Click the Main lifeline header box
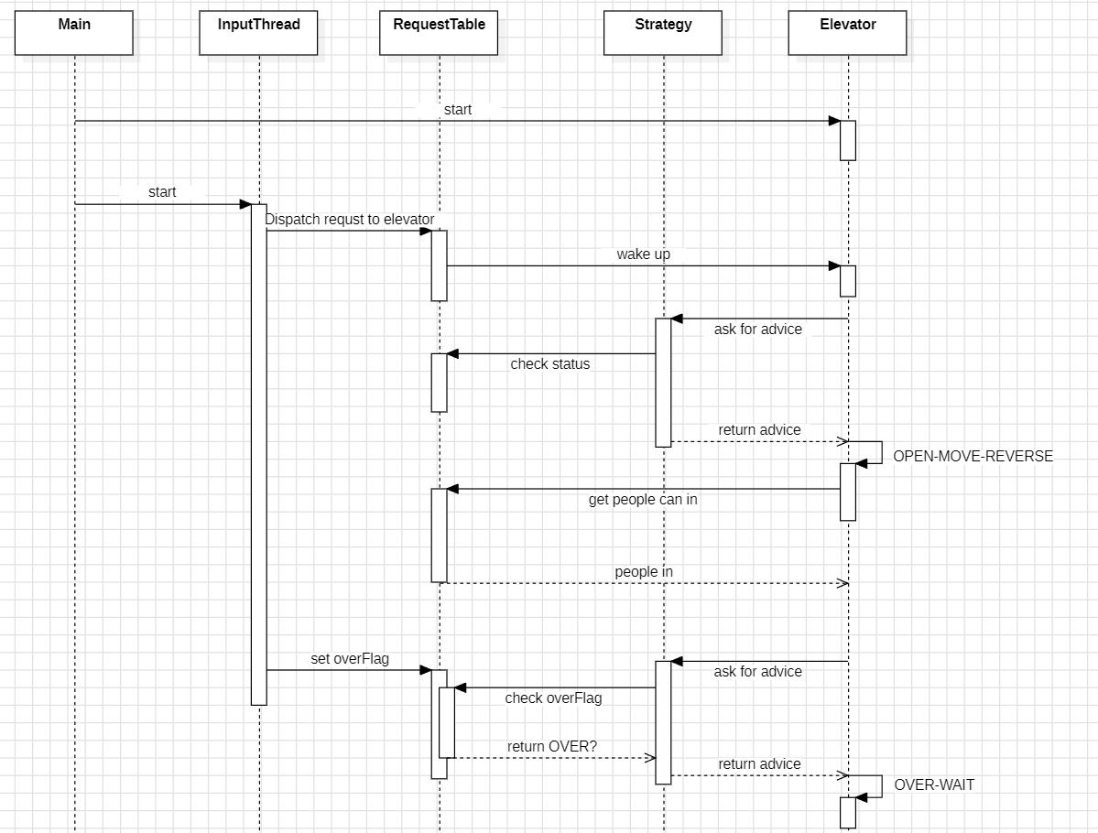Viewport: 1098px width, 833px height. [x=74, y=33]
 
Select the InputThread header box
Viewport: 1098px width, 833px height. [x=258, y=33]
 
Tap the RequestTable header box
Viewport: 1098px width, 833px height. [x=439, y=33]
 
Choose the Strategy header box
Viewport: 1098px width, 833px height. [x=663, y=33]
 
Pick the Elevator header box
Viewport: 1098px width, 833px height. [x=847, y=33]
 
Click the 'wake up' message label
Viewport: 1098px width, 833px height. [x=643, y=254]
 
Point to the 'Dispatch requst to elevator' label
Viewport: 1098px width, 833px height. [x=350, y=220]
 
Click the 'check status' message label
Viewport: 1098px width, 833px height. [x=550, y=364]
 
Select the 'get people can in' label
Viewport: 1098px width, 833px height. [x=643, y=500]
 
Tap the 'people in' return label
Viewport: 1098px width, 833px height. [x=644, y=572]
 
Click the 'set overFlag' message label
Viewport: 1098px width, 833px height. [x=350, y=658]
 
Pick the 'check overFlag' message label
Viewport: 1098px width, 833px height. [x=553, y=698]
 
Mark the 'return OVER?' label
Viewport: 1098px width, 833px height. [x=552, y=747]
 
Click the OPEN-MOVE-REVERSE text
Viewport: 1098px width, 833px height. [x=973, y=456]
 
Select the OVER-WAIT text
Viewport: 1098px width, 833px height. [x=934, y=784]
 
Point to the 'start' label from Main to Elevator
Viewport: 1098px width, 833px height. [x=458, y=110]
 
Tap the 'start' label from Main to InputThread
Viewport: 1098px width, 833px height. [x=162, y=192]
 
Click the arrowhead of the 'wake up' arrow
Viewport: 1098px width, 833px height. [x=834, y=266]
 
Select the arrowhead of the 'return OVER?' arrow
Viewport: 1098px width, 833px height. [x=650, y=758]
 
